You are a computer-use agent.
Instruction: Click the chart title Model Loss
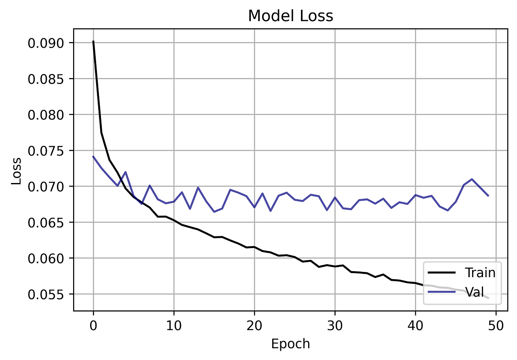point(290,16)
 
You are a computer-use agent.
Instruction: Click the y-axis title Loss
point(16,169)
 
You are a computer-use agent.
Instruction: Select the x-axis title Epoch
point(290,344)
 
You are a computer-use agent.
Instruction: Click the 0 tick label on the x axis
point(93,324)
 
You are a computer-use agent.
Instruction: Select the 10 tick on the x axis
point(174,324)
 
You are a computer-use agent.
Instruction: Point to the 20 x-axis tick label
point(254,324)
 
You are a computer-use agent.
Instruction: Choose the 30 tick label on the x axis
point(335,324)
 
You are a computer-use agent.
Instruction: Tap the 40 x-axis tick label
point(415,324)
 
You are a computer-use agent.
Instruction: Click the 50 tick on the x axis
point(496,324)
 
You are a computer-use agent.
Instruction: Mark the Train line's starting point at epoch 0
point(93,41)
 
